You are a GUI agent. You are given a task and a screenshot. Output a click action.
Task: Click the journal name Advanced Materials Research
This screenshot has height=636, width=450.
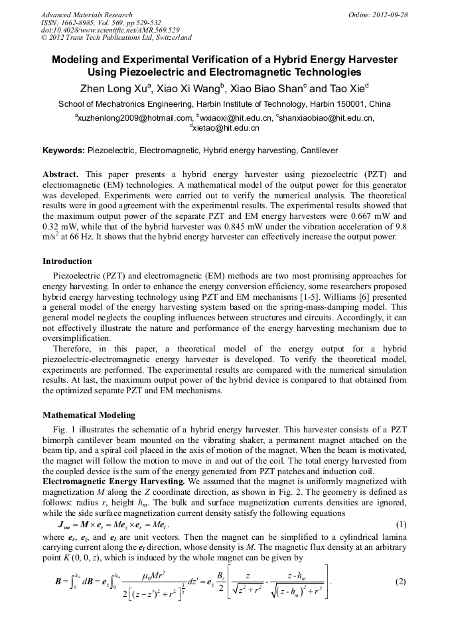pos(86,15)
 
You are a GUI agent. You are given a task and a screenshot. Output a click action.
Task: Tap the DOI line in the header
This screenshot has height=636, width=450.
pos(110,30)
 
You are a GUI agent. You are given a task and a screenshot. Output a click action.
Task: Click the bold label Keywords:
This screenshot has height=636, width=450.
pos(64,151)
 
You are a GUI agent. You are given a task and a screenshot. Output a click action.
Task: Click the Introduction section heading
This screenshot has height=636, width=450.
pos(67,261)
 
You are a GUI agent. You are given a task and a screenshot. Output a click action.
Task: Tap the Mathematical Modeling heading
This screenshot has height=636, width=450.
pos(88,415)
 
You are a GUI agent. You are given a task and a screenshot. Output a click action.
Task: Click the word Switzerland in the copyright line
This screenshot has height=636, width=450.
pos(169,38)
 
